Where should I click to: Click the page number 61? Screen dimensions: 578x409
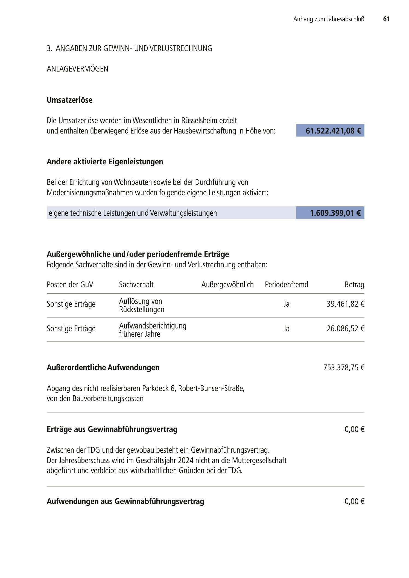tap(386, 19)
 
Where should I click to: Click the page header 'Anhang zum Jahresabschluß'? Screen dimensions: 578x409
tap(329, 19)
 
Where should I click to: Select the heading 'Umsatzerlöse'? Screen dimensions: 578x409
tap(69, 100)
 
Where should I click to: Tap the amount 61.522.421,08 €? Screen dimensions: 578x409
tap(333, 131)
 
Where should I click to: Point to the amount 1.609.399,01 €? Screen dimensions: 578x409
tap(335, 213)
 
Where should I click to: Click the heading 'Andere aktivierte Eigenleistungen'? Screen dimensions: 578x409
tap(105, 162)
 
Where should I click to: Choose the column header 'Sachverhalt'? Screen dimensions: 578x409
tap(136, 284)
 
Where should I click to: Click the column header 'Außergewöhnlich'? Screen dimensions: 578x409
tap(227, 284)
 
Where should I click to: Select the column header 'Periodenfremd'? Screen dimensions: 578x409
tap(286, 284)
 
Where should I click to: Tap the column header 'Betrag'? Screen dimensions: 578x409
tap(354, 284)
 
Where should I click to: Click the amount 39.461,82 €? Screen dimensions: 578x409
tap(345, 304)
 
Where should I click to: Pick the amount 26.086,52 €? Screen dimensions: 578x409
tap(345, 328)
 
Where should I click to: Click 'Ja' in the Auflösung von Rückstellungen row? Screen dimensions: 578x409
tap(286, 304)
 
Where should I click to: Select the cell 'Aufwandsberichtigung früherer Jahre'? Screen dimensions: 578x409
tap(152, 330)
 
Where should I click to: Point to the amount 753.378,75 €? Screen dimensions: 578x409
tap(344, 367)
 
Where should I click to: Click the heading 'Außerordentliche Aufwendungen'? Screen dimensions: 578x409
tap(103, 367)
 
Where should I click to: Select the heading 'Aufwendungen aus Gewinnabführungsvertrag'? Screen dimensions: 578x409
tap(125, 501)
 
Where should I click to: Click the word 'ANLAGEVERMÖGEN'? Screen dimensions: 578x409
tap(77, 69)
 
